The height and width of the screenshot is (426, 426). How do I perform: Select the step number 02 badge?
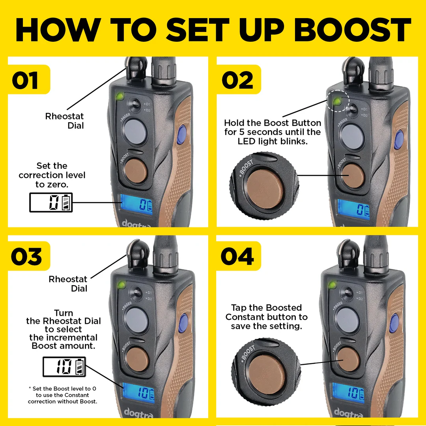point(238,80)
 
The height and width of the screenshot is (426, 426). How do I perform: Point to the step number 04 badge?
point(238,256)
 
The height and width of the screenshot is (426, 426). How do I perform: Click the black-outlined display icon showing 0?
point(51,203)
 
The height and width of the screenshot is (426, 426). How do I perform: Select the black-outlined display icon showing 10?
point(64,367)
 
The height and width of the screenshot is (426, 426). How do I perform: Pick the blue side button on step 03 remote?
point(183,320)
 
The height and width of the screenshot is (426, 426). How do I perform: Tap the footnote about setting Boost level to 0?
point(62,395)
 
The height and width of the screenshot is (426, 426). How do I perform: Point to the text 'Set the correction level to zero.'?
point(52,175)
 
